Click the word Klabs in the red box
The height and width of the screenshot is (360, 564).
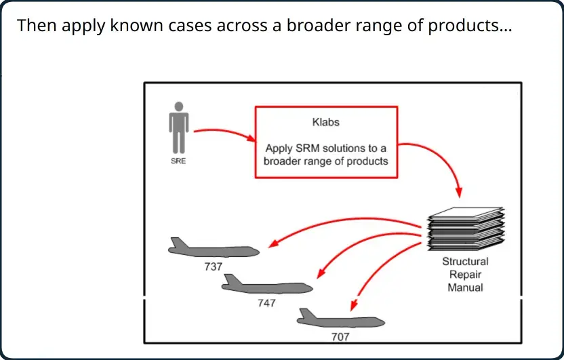pos(325,122)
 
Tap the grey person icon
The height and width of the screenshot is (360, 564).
pos(179,127)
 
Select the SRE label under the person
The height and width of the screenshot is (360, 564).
pos(178,161)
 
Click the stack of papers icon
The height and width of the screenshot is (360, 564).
pos(466,228)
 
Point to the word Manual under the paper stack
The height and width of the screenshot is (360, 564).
pos(465,287)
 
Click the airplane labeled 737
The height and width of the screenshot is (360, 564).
pos(214,247)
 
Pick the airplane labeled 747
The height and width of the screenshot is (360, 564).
pos(267,284)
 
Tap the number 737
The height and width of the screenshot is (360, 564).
pos(214,266)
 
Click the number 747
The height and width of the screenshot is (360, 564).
pos(266,303)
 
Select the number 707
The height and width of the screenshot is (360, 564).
pos(340,337)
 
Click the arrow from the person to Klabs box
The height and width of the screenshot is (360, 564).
pos(225,132)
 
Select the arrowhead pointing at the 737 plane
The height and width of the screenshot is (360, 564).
pos(273,243)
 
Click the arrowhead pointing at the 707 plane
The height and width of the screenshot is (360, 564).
pos(354,305)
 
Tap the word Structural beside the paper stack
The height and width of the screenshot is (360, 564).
pos(465,262)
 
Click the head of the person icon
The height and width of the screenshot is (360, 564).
pos(179,106)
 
